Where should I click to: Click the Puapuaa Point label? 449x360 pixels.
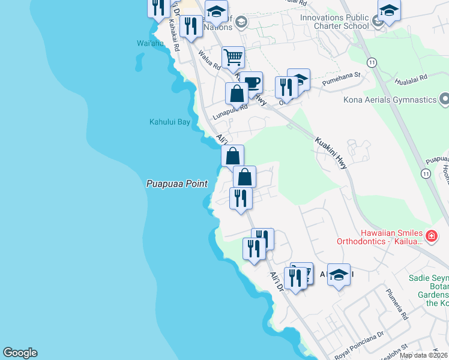(x=176, y=184)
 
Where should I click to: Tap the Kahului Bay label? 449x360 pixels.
(x=169, y=122)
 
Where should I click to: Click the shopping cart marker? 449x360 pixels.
(x=233, y=58)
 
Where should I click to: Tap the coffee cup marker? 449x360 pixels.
(x=251, y=82)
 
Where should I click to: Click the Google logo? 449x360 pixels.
(x=20, y=353)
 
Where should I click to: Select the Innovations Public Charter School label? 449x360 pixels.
(x=335, y=22)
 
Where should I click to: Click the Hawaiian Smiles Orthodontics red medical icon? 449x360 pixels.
(x=431, y=236)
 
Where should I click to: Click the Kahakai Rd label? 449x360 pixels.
(x=174, y=35)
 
